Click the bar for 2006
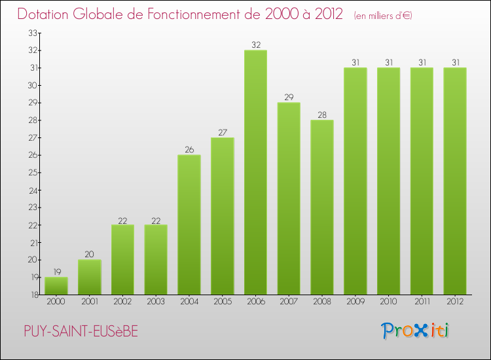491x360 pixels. pyautogui.click(x=255, y=172)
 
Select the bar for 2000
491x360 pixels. pyautogui.click(x=56, y=285)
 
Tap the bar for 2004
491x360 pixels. pyautogui.click(x=189, y=225)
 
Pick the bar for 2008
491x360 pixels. pyautogui.click(x=322, y=207)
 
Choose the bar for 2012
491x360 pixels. pyautogui.click(x=455, y=181)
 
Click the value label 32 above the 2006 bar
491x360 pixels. pyautogui.click(x=255, y=45)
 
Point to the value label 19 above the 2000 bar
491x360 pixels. pyautogui.click(x=56, y=272)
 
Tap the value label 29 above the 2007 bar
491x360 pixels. pyautogui.click(x=289, y=98)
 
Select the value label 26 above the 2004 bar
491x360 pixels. pyautogui.click(x=189, y=150)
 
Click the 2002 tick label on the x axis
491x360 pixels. pyautogui.click(x=123, y=302)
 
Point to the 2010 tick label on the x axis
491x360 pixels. pyautogui.click(x=388, y=302)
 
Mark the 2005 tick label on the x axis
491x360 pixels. pyautogui.click(x=223, y=302)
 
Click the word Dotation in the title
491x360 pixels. pyautogui.click(x=45, y=14)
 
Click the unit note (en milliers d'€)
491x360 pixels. pyautogui.click(x=382, y=15)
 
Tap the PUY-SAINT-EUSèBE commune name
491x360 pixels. pyautogui.click(x=81, y=331)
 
